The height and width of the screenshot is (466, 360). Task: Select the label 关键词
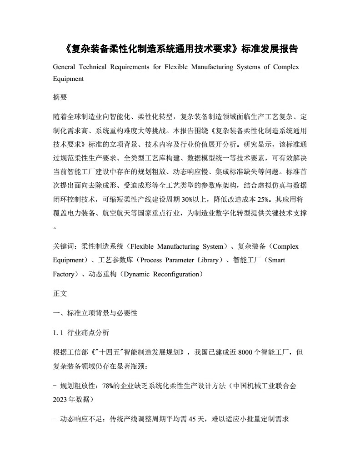pyautogui.click(x=65, y=247)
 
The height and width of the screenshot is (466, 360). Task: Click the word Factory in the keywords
pyautogui.click(x=63, y=275)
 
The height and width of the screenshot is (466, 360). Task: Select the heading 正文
pyautogui.click(x=60, y=294)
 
